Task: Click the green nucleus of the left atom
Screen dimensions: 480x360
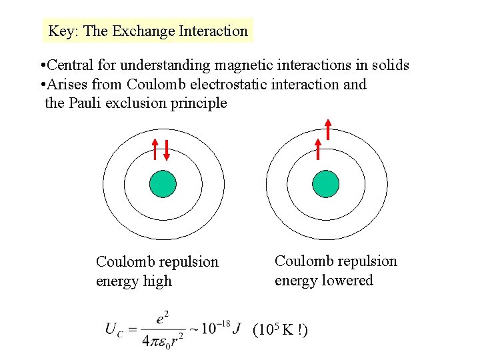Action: tap(163, 183)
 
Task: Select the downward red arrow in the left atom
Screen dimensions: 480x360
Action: tap(167, 151)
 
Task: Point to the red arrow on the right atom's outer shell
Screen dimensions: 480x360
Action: tap(328, 129)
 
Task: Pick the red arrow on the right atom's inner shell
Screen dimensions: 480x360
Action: tap(318, 150)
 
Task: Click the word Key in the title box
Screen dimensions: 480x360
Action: tap(60, 31)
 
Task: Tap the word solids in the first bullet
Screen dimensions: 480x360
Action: tap(390, 65)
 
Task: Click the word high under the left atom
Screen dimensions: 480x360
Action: tap(157, 281)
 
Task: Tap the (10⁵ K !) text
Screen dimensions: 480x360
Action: tap(280, 330)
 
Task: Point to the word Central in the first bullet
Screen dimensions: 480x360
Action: tap(71, 65)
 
